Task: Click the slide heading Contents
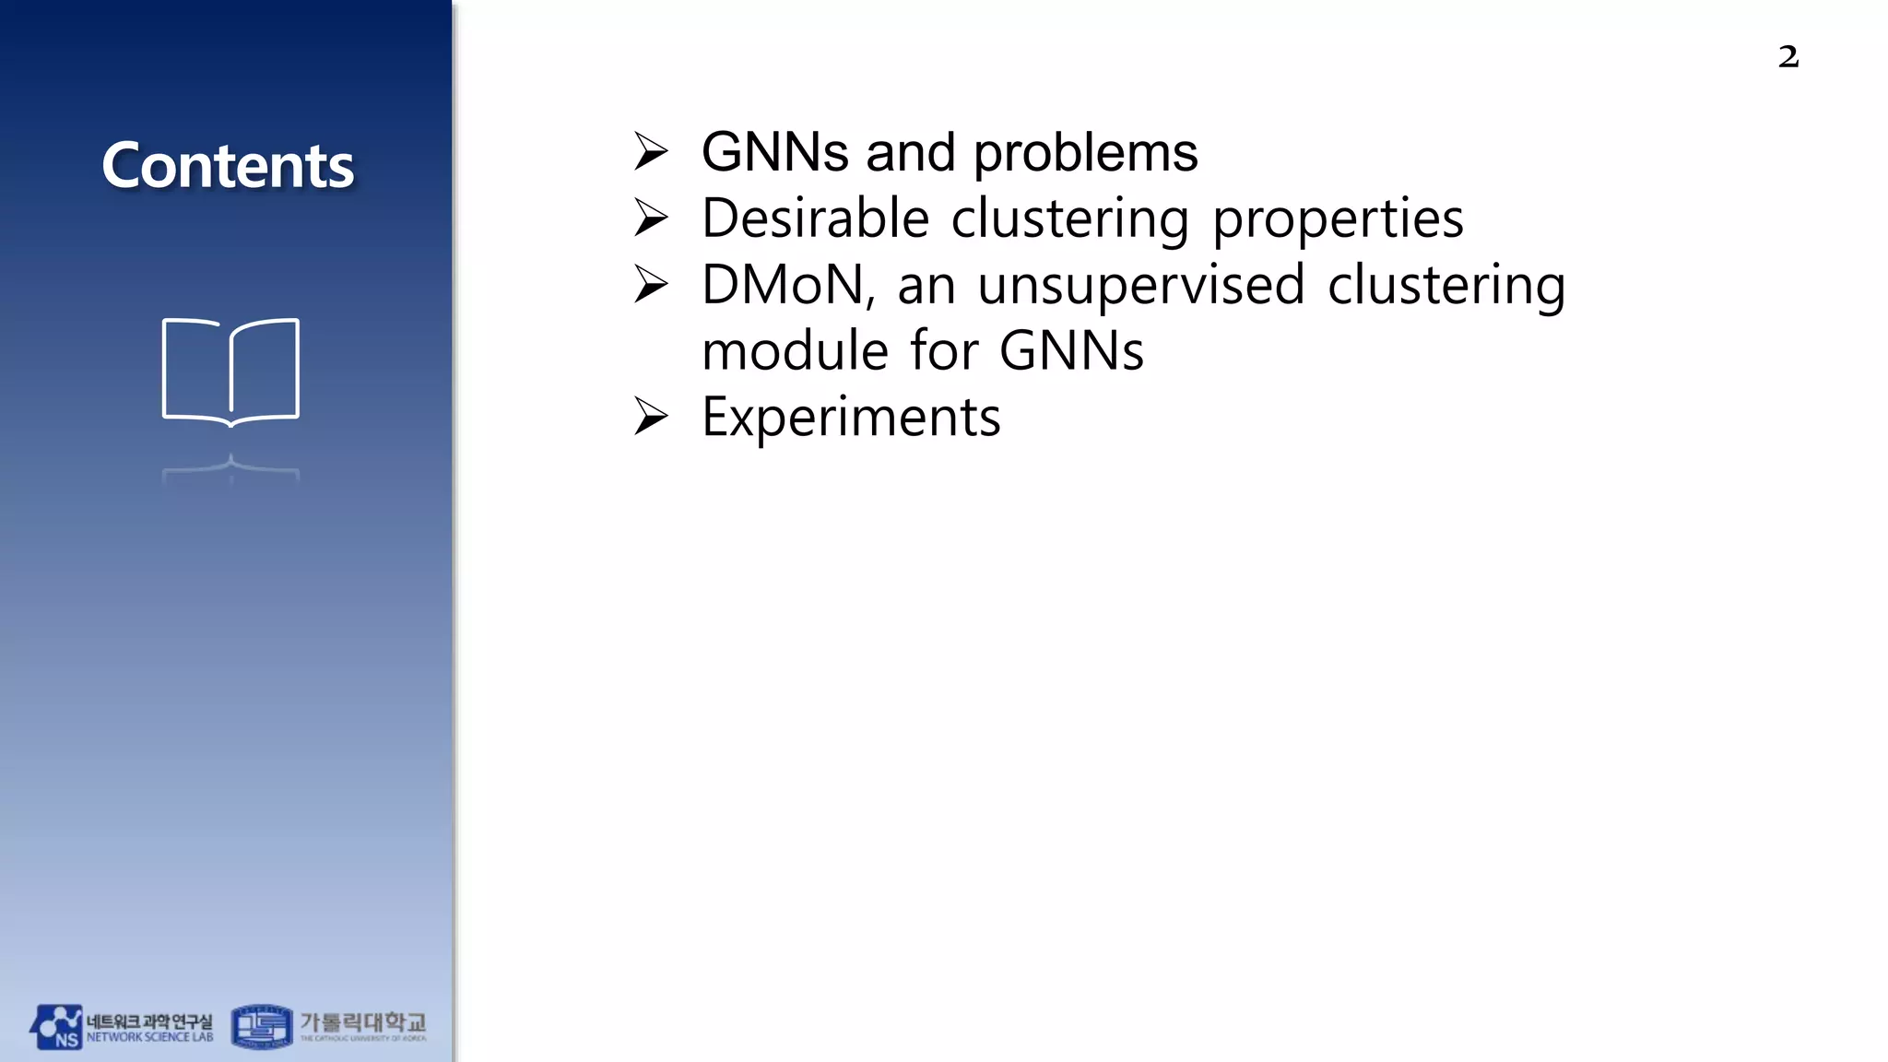[228, 166]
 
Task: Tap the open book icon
[230, 372]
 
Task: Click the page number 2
[1788, 57]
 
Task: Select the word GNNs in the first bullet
[774, 152]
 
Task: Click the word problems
[1086, 154]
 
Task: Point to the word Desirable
[815, 218]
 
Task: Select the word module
[794, 351]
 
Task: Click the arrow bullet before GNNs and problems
[651, 152]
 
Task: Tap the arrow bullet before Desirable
[651, 218]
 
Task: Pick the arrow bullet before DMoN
[651, 285]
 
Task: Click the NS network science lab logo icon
[56, 1027]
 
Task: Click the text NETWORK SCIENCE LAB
[149, 1038]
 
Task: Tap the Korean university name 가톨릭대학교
[363, 1021]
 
